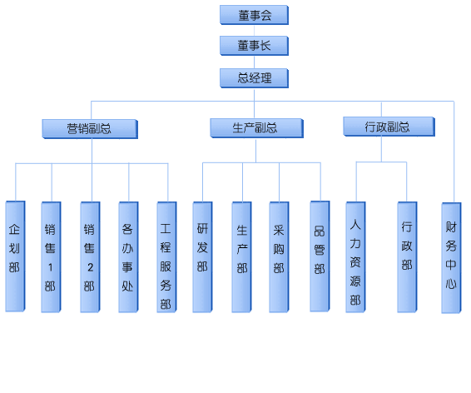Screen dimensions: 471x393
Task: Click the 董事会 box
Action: [254, 15]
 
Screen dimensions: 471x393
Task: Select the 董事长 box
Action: [254, 46]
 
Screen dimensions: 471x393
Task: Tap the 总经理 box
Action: [254, 78]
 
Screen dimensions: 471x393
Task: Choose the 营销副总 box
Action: [90, 129]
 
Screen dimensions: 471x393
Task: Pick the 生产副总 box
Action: [256, 128]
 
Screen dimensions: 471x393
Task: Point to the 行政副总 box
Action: [389, 127]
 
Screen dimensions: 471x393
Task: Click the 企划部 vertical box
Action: [15, 256]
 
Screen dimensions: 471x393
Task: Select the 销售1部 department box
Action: [51, 257]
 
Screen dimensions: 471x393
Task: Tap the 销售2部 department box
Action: [90, 257]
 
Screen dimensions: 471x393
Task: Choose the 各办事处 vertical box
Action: [128, 257]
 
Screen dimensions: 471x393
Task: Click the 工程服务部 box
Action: [166, 257]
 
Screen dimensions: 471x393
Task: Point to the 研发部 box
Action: [203, 257]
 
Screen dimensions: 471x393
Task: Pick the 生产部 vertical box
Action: [241, 257]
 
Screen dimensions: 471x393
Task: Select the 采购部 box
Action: [279, 257]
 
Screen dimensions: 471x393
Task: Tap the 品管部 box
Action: [320, 256]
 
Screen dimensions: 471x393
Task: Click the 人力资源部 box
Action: [355, 257]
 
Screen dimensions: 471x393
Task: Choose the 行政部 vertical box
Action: [407, 257]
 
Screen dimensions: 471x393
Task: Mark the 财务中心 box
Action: [451, 258]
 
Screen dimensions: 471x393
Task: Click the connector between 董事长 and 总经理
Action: [254, 62]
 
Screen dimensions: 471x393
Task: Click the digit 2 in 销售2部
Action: [90, 267]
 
